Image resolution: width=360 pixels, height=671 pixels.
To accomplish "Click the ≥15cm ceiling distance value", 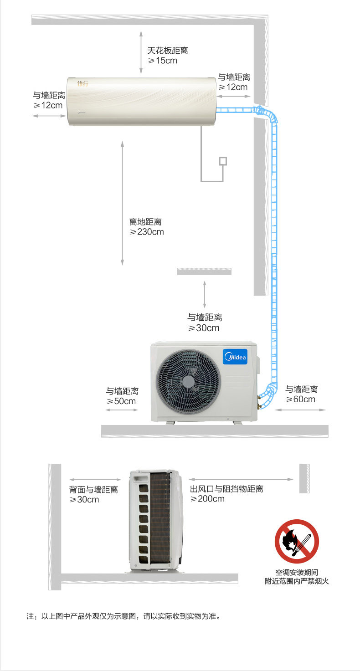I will point(162,61).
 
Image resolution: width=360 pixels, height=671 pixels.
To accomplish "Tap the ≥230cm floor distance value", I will point(146,232).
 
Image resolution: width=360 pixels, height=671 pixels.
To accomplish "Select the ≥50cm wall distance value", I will point(121,401).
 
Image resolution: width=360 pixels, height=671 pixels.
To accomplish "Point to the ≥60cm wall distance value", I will point(300,400).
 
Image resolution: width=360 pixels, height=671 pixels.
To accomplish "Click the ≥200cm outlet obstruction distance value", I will point(207,499).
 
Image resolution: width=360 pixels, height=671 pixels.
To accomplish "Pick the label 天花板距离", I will point(167,51).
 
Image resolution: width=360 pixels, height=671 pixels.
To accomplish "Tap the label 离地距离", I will point(145,222).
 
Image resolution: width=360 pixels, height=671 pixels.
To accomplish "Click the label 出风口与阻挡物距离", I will point(226,489).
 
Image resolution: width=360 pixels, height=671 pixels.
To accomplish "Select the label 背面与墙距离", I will point(93,490).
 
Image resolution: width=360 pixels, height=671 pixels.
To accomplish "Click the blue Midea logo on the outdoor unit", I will point(235,357).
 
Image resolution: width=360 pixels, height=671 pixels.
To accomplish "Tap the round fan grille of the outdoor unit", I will point(188,381).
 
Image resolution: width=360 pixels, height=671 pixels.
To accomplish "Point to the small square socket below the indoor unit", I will point(223,160).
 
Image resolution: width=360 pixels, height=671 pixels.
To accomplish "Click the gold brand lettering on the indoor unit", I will point(82,84).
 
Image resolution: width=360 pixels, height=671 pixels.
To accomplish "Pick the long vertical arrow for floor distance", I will point(122,203).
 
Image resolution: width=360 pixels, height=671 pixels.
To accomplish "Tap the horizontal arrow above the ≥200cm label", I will point(241,479).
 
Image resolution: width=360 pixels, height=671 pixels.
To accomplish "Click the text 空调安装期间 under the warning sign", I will point(297,572).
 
